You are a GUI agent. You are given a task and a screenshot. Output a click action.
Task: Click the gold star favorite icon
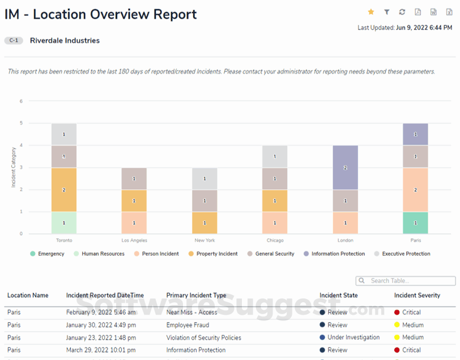371,12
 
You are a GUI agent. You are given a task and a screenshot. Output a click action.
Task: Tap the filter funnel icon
387,12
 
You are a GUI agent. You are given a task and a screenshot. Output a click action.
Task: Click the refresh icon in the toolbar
402,12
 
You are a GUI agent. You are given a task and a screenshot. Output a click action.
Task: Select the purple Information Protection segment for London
346,168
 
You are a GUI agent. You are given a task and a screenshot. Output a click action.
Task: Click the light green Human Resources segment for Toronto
64,223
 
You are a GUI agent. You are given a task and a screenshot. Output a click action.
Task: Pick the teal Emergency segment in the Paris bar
415,223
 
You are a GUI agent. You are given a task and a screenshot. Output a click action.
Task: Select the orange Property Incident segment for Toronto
64,190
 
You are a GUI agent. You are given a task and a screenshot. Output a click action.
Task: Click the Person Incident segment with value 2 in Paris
415,190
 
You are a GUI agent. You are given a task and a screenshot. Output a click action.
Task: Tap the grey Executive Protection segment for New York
205,179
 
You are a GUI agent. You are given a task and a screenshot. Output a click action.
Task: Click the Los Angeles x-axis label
134,241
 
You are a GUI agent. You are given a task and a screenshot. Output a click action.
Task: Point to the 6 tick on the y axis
21,101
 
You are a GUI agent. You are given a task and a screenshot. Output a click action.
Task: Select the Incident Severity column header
417,295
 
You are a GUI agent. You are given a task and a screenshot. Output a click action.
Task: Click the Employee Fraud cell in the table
188,325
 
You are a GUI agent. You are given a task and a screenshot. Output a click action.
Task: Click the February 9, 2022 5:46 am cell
101,312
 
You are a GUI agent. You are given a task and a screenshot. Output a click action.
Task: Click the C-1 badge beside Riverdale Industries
14,41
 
